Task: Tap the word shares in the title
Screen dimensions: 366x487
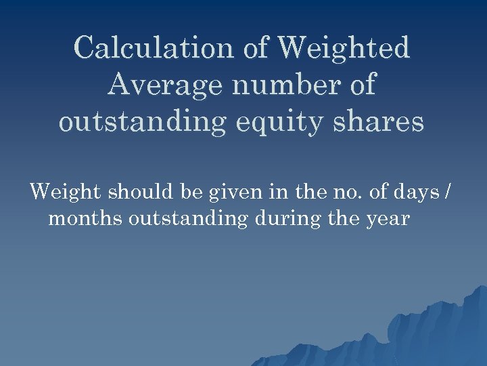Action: [x=379, y=123]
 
